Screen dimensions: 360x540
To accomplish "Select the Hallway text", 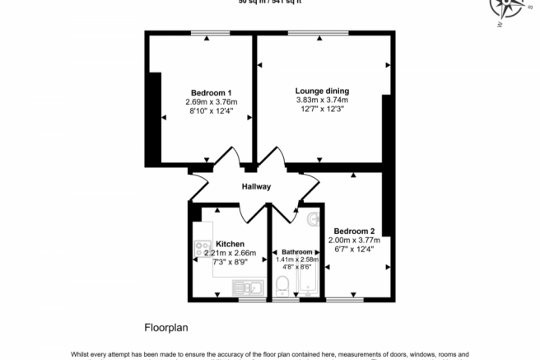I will (256, 187).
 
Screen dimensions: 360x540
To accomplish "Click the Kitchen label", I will (230, 244).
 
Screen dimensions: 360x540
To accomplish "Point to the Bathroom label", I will (297, 251).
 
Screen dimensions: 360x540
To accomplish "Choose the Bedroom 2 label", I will (355, 231).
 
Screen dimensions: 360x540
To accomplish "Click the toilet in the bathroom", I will (282, 285).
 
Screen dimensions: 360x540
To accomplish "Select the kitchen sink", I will (246, 288).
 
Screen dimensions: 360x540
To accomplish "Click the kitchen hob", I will (202, 245).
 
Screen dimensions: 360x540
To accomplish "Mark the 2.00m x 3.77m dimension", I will (355, 240).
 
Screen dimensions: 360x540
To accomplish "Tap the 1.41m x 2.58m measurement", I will (297, 259).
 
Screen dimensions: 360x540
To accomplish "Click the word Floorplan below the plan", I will (167, 327).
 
